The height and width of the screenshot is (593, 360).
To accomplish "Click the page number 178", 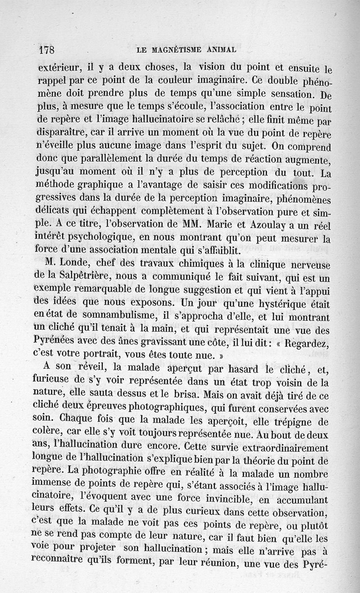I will tap(47, 49).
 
